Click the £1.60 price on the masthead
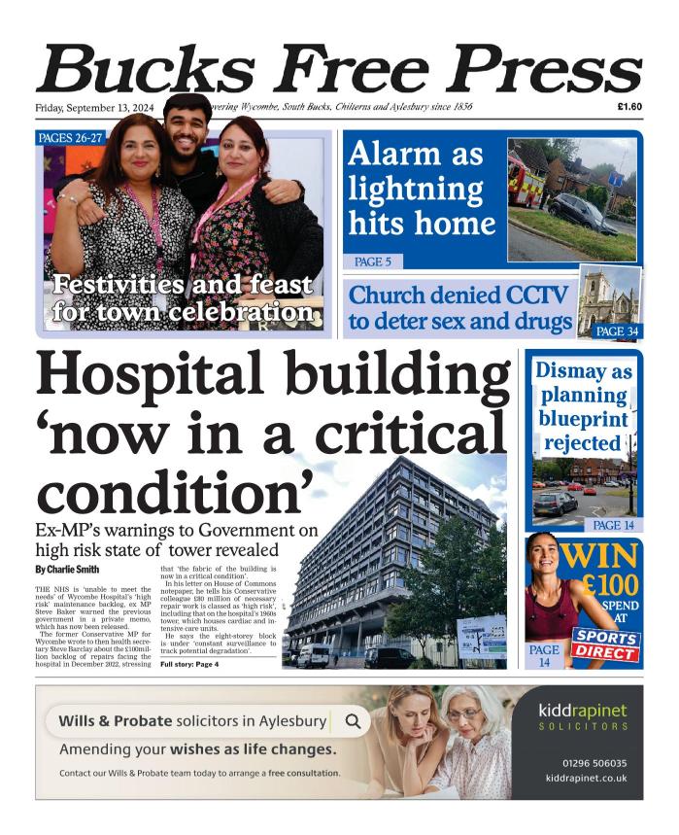click(x=628, y=107)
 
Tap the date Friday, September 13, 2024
click(x=96, y=107)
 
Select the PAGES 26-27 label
click(x=70, y=138)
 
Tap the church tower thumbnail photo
click(x=609, y=300)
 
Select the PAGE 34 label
click(x=616, y=331)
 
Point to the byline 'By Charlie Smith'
click(x=67, y=569)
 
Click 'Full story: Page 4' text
click(x=189, y=664)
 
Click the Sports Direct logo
click(x=605, y=644)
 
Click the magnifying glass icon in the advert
click(x=353, y=721)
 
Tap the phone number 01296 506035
click(x=594, y=763)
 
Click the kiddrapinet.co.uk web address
click(x=588, y=778)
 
